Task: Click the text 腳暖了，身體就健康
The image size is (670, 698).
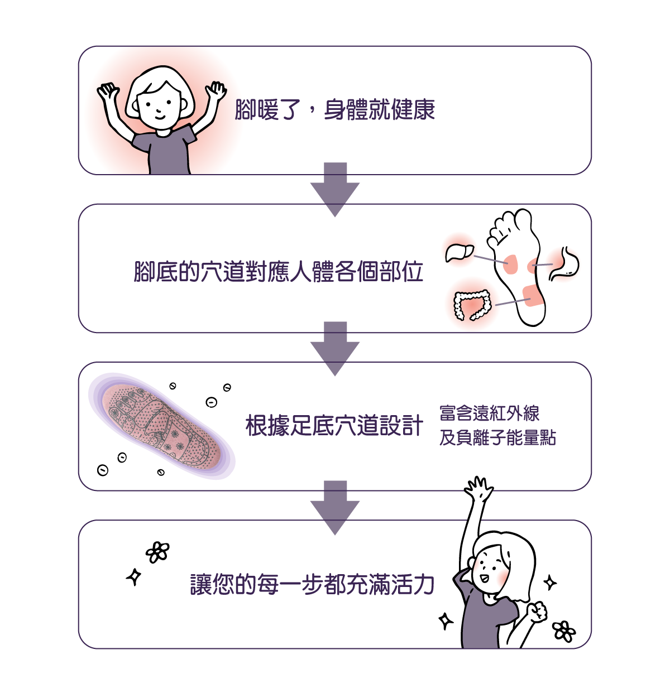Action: pos(334,109)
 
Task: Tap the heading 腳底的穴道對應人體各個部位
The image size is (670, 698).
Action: pos(279,271)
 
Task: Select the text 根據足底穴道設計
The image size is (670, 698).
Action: pos(334,426)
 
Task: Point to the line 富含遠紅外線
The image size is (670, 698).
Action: pos(489,413)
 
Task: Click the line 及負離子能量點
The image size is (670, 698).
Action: pos(497,437)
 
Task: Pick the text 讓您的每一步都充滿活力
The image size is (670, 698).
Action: pos(312,584)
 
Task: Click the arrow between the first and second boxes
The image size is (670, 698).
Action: pos(335,189)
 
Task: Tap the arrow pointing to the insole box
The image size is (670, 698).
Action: pos(335,348)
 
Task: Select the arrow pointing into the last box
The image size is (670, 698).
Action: pos(335,507)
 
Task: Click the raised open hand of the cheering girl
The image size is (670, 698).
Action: pos(478,489)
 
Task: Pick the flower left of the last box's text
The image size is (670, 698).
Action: pos(157,552)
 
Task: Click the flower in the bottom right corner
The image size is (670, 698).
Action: pos(563,631)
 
